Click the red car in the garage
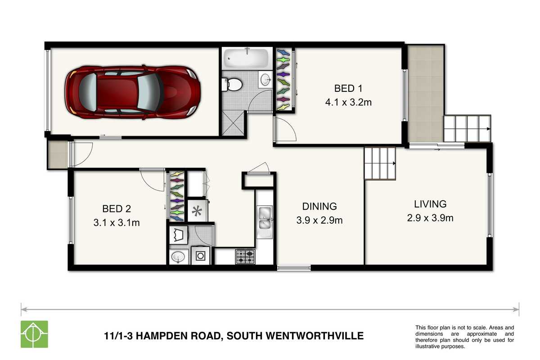(x=133, y=92)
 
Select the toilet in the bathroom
(x=231, y=85)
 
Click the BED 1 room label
(x=348, y=89)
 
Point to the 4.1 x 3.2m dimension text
(x=348, y=103)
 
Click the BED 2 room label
(x=117, y=209)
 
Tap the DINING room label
(x=319, y=207)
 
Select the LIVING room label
(x=430, y=204)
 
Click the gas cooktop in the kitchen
(x=245, y=256)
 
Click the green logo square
(x=34, y=334)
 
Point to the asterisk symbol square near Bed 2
(x=197, y=211)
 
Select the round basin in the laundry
(x=178, y=257)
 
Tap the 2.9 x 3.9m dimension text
(x=430, y=218)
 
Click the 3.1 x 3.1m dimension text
(x=117, y=223)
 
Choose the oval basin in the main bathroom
(x=265, y=79)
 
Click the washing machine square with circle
(x=201, y=256)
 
